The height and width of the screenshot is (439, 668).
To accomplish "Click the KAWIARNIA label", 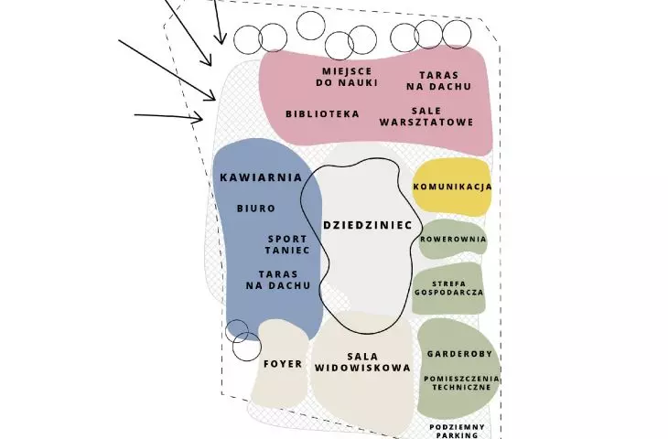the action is coord(261,177).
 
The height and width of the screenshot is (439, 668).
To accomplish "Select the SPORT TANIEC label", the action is coord(287,244).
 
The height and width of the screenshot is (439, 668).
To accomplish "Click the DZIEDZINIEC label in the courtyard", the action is coord(368,225).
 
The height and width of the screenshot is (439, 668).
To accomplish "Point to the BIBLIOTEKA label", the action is coord(322,113).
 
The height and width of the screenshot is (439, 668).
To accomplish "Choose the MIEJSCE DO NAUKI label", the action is coord(347,77).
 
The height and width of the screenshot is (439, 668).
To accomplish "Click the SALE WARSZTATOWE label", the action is coord(426,116).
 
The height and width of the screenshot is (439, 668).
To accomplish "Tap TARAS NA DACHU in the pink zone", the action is coord(439,80).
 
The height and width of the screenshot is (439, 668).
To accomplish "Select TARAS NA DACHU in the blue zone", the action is coord(278,280).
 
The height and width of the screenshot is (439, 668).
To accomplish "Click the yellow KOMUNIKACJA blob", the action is coord(452,187).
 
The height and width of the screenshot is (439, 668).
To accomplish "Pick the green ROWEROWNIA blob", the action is coord(452,239).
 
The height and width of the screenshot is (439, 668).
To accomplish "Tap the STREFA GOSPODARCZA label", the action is coord(449,288).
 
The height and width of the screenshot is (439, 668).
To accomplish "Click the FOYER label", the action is coord(283,364).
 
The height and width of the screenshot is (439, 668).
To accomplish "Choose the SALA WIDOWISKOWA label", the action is coord(362,362).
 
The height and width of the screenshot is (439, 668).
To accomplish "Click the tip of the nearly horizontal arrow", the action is coord(202,117).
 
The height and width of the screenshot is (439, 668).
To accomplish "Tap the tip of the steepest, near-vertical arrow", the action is coord(221,43).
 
